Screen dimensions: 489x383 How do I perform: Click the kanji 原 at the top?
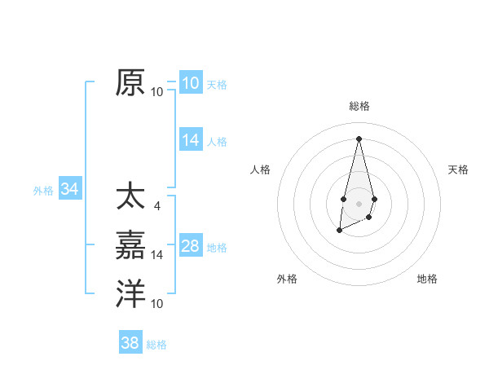coord(130,83)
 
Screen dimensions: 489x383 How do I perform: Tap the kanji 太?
coord(130,198)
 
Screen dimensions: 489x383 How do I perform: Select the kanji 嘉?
coord(130,246)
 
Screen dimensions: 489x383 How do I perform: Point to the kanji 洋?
coord(130,294)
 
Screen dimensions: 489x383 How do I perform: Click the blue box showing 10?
coord(190,83)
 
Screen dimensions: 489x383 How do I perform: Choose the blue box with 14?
coord(190,140)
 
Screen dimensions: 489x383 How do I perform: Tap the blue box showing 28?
coord(190,246)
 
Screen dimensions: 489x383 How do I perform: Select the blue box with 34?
coord(69,190)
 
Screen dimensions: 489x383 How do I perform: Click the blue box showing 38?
coord(130,343)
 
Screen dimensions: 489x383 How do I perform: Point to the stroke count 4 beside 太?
coord(156,206)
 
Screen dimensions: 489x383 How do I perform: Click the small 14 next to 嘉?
coord(157,255)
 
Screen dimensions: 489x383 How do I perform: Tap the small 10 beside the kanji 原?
coord(157,91)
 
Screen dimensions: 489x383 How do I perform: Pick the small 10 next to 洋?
coord(157,303)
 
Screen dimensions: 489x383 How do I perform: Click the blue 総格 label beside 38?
coord(156,345)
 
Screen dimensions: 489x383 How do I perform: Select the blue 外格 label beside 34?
coord(43,191)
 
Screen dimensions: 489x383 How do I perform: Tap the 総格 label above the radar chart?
coord(359,106)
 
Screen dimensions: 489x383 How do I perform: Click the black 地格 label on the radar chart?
coord(427,279)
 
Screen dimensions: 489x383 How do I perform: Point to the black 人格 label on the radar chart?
coord(260,169)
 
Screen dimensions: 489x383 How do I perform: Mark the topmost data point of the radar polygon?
coord(359,138)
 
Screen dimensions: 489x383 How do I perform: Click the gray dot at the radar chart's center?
coord(359,203)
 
